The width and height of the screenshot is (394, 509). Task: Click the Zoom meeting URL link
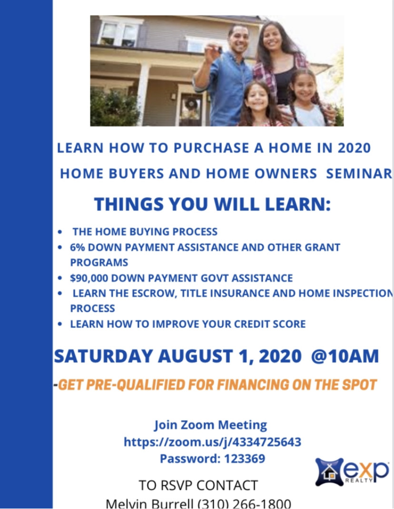click(x=213, y=442)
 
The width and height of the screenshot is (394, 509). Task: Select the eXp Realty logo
click(x=352, y=471)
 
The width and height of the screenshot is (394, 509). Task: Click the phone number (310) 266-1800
click(x=245, y=504)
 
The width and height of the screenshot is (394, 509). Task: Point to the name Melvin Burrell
click(x=150, y=504)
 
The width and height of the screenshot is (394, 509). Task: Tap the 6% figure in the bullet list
click(x=78, y=247)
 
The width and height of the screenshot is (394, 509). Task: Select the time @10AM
click(x=345, y=356)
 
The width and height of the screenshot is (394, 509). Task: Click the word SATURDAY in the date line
click(x=103, y=356)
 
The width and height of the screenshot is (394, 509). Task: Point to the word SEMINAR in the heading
click(x=360, y=173)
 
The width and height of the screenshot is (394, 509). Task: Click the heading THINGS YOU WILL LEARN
click(x=212, y=204)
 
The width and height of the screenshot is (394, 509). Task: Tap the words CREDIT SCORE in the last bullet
click(x=270, y=324)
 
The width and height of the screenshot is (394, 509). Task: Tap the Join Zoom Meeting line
click(x=211, y=425)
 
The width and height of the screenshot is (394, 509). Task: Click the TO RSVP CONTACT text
click(x=198, y=485)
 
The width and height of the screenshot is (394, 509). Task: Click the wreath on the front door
click(x=191, y=104)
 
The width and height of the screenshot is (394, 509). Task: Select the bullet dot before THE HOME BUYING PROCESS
click(x=60, y=232)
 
